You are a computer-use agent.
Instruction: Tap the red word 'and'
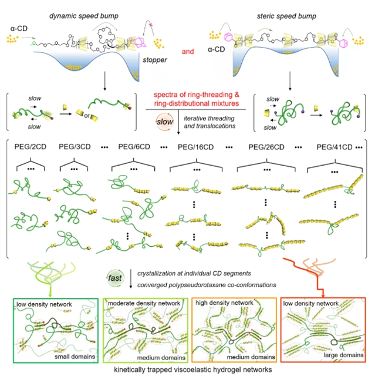coord(188,52)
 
